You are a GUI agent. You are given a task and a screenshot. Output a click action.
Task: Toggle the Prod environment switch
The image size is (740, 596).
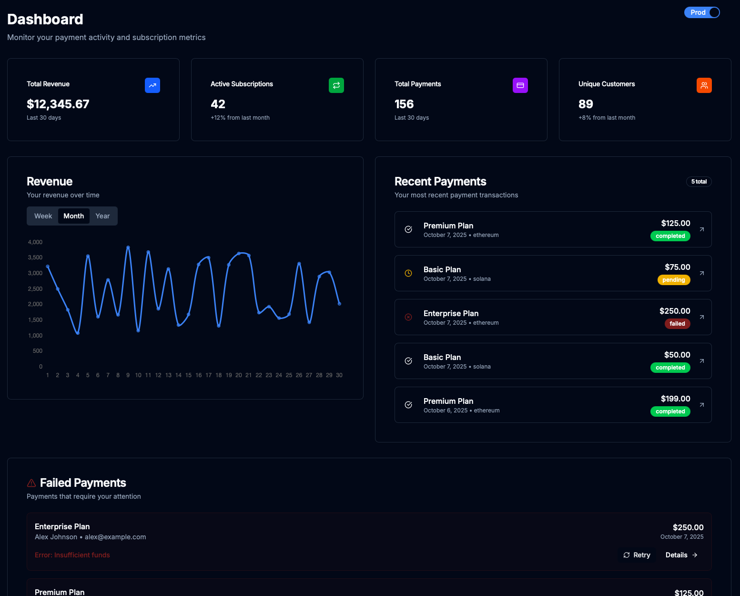click(702, 12)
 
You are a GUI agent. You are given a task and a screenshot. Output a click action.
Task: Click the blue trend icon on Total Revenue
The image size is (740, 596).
click(152, 85)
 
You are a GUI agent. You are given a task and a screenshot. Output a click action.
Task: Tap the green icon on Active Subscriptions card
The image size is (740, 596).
click(336, 85)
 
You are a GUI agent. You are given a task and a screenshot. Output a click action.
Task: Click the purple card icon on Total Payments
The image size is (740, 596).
click(520, 85)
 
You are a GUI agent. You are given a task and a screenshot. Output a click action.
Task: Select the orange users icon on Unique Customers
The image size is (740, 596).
click(704, 85)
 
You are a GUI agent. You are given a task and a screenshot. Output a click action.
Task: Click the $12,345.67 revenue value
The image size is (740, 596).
click(58, 104)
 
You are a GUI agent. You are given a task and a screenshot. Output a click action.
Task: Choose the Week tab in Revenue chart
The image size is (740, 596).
click(43, 216)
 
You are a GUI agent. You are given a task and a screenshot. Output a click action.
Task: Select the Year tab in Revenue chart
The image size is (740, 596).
click(102, 216)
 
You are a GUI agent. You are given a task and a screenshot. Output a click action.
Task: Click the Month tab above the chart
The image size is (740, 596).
click(74, 216)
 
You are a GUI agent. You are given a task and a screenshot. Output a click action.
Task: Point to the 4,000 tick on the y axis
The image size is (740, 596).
click(35, 242)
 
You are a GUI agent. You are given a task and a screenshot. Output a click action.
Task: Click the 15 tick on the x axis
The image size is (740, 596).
click(188, 375)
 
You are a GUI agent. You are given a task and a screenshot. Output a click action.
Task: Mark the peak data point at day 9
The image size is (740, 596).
click(128, 247)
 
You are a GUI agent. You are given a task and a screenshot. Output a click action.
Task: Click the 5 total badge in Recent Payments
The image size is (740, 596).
click(699, 182)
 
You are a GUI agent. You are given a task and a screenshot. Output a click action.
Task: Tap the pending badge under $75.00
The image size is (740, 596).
click(674, 280)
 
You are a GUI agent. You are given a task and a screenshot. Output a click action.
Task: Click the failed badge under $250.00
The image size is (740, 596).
click(677, 324)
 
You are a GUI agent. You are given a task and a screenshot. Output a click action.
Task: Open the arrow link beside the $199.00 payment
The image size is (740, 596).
click(702, 405)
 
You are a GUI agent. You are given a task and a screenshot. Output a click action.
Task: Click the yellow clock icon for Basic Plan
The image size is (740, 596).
click(408, 273)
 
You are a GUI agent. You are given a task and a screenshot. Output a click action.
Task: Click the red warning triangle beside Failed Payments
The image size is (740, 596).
click(31, 483)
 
